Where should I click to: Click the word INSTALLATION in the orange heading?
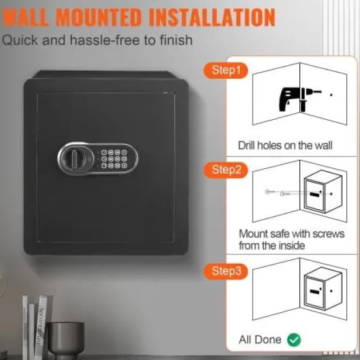click(x=212, y=17)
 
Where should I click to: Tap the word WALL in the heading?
click(x=25, y=17)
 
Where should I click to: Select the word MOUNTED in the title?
click(x=99, y=17)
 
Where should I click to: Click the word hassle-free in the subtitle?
click(x=105, y=40)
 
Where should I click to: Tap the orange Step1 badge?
click(x=226, y=70)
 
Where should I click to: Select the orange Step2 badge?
click(x=226, y=170)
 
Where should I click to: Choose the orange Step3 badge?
click(x=226, y=271)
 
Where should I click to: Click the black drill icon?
click(x=300, y=100)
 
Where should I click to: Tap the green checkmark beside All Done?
click(x=294, y=340)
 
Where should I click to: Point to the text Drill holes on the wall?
click(x=285, y=146)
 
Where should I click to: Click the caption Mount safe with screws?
click(x=292, y=234)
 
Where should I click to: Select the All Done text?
click(x=260, y=340)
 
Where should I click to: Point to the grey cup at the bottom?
click(x=66, y=340)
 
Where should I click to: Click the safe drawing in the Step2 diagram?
click(x=323, y=192)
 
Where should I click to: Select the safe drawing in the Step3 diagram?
click(x=323, y=289)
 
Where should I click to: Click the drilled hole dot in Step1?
click(x=331, y=94)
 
